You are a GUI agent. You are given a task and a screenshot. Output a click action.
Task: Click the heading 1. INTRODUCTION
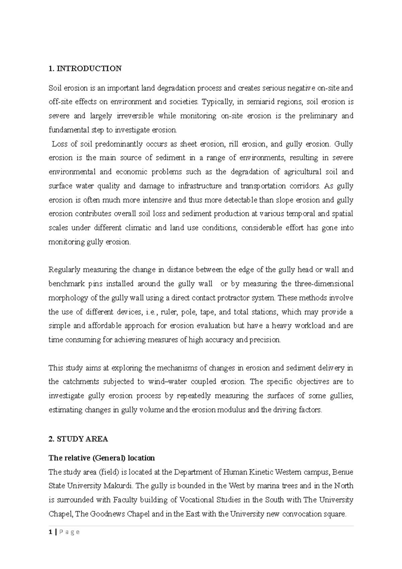85,69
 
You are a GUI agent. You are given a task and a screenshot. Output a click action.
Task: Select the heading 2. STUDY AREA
78,439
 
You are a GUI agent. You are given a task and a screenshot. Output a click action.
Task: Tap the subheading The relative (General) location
102,458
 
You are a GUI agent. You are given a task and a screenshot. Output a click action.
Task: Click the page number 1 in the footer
50,532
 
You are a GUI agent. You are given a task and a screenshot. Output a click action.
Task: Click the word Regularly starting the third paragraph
65,270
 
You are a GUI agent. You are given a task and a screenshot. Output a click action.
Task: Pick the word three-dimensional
324,284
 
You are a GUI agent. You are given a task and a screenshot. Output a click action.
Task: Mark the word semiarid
260,102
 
